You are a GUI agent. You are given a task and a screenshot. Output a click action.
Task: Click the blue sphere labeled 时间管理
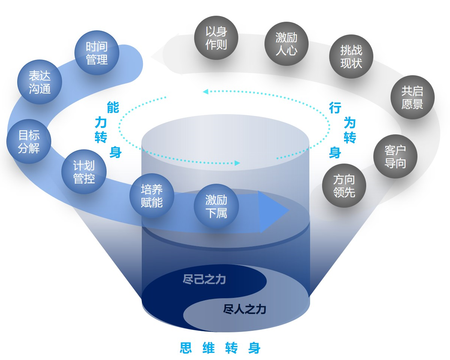click(97, 53)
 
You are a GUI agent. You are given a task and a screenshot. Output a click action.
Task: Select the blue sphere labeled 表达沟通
click(40, 82)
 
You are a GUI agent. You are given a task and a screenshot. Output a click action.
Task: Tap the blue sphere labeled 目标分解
click(29, 141)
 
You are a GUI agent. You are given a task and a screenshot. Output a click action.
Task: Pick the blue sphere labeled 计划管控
click(84, 172)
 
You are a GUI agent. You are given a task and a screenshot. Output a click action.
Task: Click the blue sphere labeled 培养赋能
click(151, 196)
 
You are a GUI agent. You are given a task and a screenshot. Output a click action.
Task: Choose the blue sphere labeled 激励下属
click(216, 206)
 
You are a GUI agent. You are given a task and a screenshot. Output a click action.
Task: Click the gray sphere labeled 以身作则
click(216, 38)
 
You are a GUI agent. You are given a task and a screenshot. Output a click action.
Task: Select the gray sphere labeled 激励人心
click(286, 44)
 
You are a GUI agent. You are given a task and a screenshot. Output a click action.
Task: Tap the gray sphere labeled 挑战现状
click(351, 57)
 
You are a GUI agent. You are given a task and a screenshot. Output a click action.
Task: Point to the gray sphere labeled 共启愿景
click(412, 97)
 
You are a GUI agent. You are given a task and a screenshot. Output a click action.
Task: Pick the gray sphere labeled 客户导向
click(395, 156)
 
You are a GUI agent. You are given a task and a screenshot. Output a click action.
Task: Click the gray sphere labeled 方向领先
click(344, 186)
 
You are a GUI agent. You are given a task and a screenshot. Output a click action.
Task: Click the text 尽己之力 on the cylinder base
click(204, 279)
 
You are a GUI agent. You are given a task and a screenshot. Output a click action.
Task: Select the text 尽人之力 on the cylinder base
click(245, 309)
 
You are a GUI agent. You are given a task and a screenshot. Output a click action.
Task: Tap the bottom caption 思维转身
click(220, 348)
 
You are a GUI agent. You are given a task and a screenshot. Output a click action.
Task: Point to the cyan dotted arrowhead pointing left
click(205, 91)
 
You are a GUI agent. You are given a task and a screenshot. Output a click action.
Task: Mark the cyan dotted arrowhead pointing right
click(237, 163)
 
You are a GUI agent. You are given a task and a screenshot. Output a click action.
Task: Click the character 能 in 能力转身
click(113, 107)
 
